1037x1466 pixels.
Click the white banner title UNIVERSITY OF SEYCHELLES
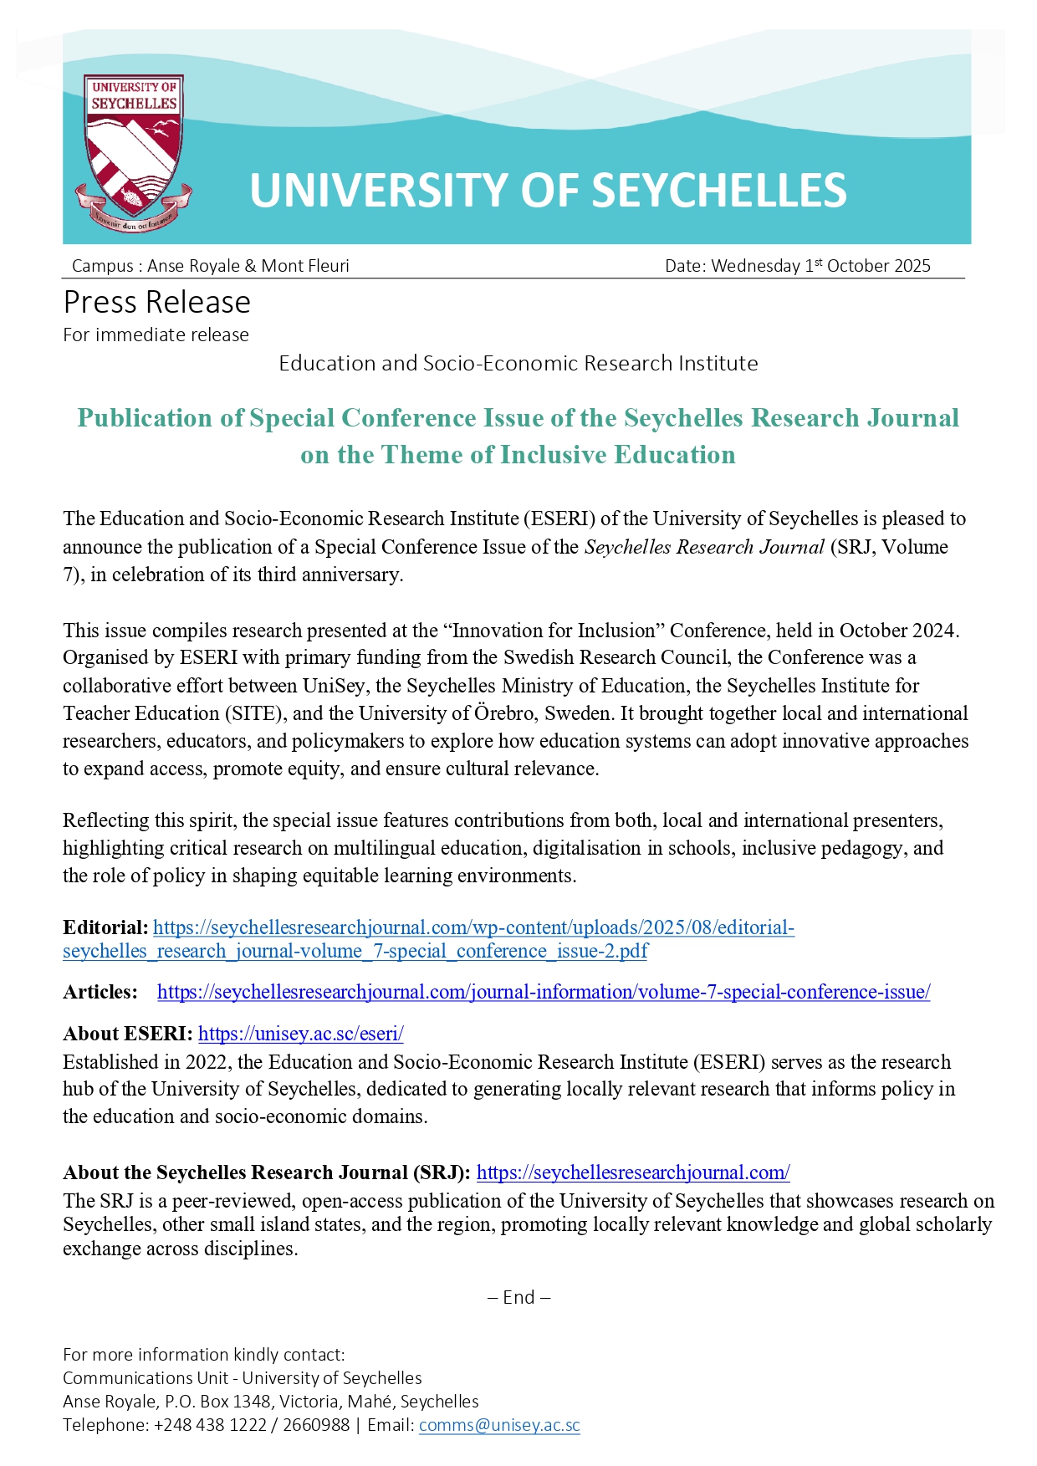coord(548,191)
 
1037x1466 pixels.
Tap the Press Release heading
coord(157,302)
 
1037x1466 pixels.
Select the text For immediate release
coord(156,335)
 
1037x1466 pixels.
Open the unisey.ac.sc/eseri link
coord(300,1034)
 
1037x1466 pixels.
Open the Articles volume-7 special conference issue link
coord(544,992)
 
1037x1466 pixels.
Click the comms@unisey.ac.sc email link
coord(499,1425)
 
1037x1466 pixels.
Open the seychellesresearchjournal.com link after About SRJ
coord(633,1172)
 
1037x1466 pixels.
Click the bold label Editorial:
coord(105,927)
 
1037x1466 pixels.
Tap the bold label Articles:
coord(100,992)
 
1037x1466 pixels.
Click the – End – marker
coord(518,1297)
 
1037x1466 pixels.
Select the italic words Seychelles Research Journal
coord(704,547)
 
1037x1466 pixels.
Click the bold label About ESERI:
coord(128,1034)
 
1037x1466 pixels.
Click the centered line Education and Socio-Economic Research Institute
coord(518,363)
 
